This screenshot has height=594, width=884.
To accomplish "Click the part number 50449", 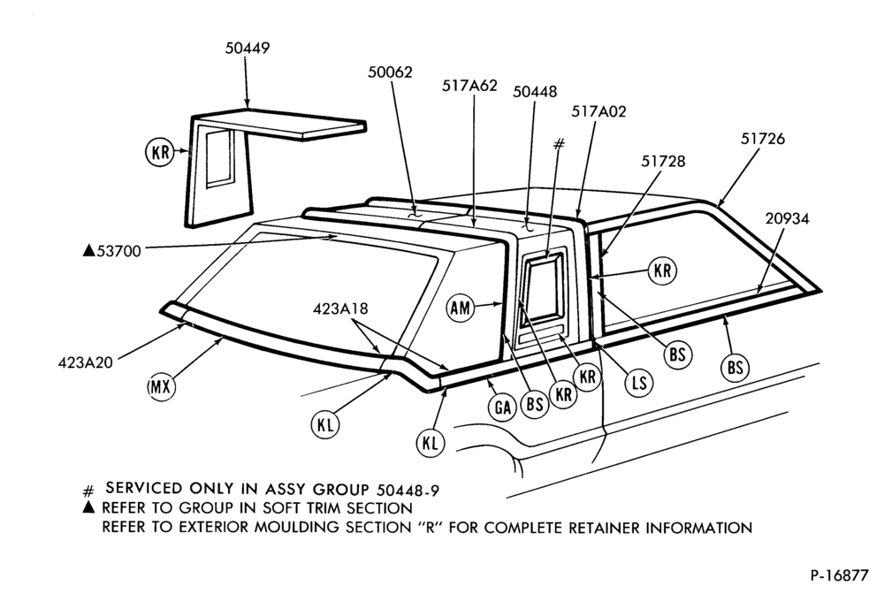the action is pyautogui.click(x=248, y=48).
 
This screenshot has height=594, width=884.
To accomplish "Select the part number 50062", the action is pyautogui.click(x=390, y=72).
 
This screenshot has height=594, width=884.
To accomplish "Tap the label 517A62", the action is pyautogui.click(x=469, y=86).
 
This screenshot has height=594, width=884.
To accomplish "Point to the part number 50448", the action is pyautogui.click(x=535, y=91).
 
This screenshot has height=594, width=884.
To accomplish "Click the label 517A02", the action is pyautogui.click(x=598, y=111).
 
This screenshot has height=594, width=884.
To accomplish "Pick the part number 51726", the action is pyautogui.click(x=762, y=139).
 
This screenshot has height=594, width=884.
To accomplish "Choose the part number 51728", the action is pyautogui.click(x=663, y=161).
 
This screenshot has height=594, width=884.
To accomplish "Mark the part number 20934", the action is pyautogui.click(x=787, y=218).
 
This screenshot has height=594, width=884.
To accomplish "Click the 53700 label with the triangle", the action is pyautogui.click(x=112, y=251).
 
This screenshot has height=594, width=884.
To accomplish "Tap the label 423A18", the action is pyautogui.click(x=340, y=308).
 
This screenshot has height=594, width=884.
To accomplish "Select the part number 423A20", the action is pyautogui.click(x=85, y=362).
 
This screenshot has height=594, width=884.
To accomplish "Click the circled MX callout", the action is pyautogui.click(x=161, y=387).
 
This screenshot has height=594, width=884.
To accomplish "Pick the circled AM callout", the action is pyautogui.click(x=460, y=308).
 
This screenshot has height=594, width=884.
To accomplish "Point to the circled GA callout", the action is pyautogui.click(x=502, y=407).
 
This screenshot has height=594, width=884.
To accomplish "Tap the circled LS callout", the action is pyautogui.click(x=639, y=384).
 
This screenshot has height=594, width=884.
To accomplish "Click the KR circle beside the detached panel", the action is pyautogui.click(x=161, y=152).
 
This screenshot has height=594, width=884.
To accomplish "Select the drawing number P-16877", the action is pyautogui.click(x=840, y=575).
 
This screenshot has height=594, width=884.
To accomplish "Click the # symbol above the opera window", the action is pyautogui.click(x=558, y=145).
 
